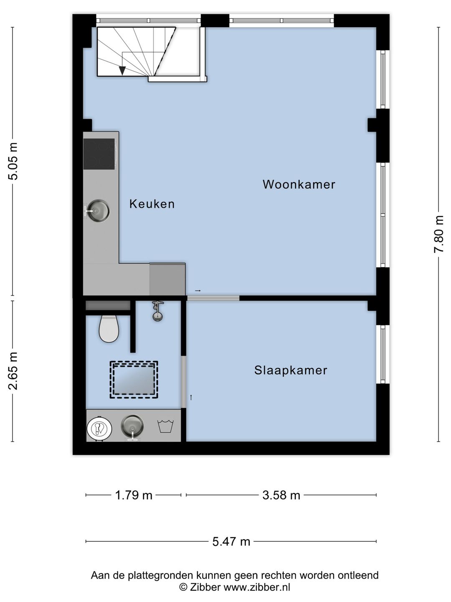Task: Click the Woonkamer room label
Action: pyautogui.click(x=299, y=184)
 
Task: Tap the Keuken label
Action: pyautogui.click(x=152, y=204)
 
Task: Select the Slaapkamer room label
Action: pyautogui.click(x=291, y=370)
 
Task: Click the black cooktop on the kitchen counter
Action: pyautogui.click(x=99, y=154)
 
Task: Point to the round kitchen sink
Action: pyautogui.click(x=98, y=211)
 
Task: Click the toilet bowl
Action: pyautogui.click(x=109, y=329)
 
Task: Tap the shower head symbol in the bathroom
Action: pyautogui.click(x=158, y=311)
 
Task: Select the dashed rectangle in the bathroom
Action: pyautogui.click(x=134, y=380)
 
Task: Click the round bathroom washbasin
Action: pyautogui.click(x=132, y=426)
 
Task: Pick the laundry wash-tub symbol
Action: pyautogui.click(x=165, y=426)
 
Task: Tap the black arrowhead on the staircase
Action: pyautogui.click(x=122, y=71)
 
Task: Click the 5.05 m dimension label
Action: pyautogui.click(x=13, y=161)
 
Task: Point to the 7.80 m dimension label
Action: pyautogui.click(x=438, y=234)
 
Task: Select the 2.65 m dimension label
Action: pyautogui.click(x=13, y=371)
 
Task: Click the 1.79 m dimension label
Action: pyautogui.click(x=134, y=495)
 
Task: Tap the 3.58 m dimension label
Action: pyautogui.click(x=281, y=495)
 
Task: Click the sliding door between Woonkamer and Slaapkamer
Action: pyautogui.click(x=213, y=298)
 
